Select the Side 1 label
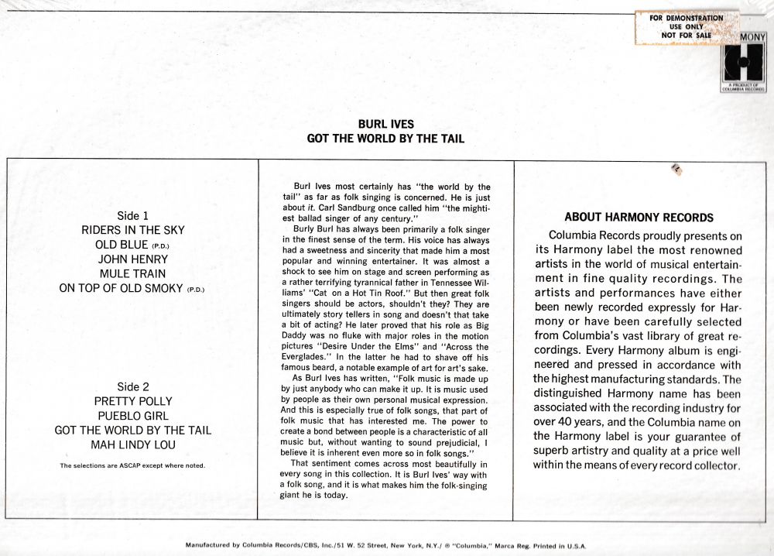pyautogui.click(x=132, y=216)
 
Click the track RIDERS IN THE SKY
pyautogui.click(x=132, y=230)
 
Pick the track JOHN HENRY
pyautogui.click(x=132, y=259)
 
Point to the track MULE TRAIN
pyautogui.click(x=132, y=273)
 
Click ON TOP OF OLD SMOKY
pyautogui.click(x=122, y=288)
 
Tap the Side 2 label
pyautogui.click(x=132, y=386)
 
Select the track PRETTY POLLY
pyautogui.click(x=132, y=401)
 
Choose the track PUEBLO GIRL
pyautogui.click(x=132, y=416)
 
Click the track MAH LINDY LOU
pyautogui.click(x=132, y=444)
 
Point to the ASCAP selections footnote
pyautogui.click(x=132, y=465)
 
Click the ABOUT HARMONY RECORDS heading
pyautogui.click(x=639, y=218)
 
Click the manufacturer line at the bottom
pyautogui.click(x=386, y=545)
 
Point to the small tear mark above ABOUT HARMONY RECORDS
pyautogui.click(x=675, y=168)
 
